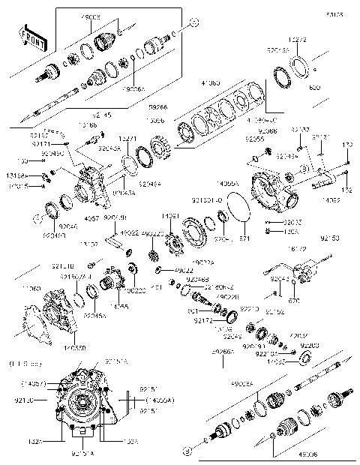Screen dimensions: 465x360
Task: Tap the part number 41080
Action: [209, 83]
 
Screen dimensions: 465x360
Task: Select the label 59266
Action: [157, 106]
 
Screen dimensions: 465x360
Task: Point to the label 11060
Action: [32, 288]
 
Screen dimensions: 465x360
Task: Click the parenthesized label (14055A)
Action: [156, 400]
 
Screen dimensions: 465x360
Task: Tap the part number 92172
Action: [202, 320]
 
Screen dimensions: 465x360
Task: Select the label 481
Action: [156, 287]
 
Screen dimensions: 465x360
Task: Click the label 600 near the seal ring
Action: [313, 88]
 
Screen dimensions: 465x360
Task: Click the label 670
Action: [293, 301]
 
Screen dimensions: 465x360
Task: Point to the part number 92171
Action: [43, 143]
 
